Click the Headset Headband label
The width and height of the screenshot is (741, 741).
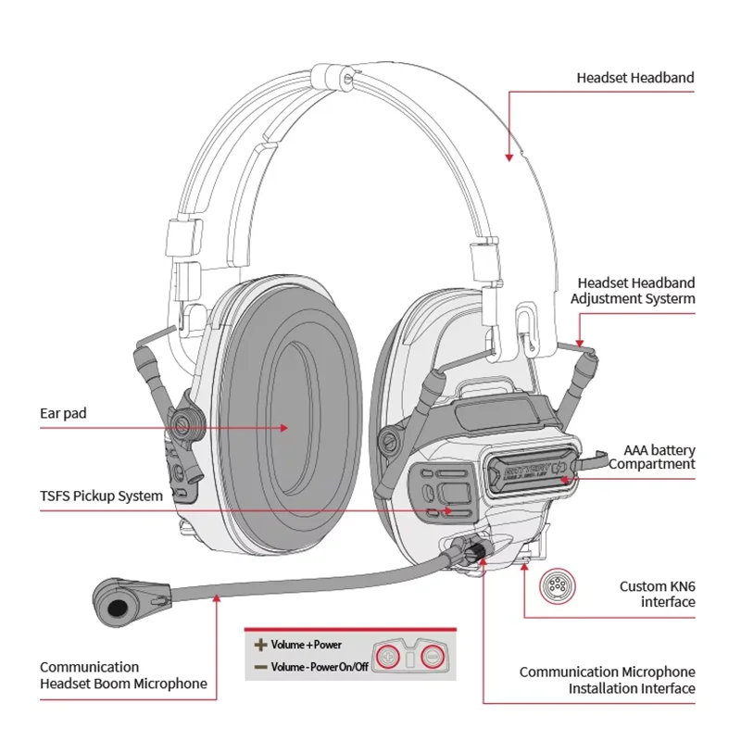[x=634, y=78]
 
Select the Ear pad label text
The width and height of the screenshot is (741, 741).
[x=63, y=413]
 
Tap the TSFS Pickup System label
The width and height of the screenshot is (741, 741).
[x=101, y=496]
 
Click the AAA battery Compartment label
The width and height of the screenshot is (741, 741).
[x=651, y=457]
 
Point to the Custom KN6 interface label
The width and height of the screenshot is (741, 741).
[x=657, y=594]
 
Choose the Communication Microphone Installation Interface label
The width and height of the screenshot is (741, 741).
[x=606, y=680]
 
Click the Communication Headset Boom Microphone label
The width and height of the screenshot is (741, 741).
[x=123, y=675]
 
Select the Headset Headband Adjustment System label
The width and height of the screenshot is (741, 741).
[x=632, y=290]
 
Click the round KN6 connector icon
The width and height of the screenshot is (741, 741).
[x=556, y=586]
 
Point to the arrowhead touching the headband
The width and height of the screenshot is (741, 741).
[x=509, y=157]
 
